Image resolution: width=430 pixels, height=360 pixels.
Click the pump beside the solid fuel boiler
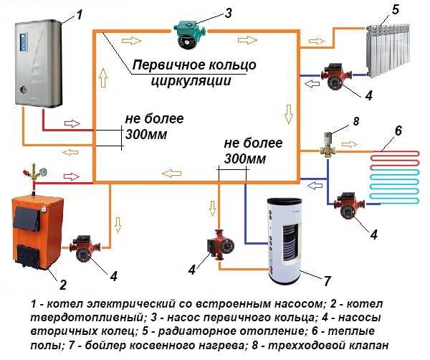[85, 250]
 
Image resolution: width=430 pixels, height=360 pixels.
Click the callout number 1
[80, 14]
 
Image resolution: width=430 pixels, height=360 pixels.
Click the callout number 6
[398, 131]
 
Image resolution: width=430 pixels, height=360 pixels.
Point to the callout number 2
[62, 285]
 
